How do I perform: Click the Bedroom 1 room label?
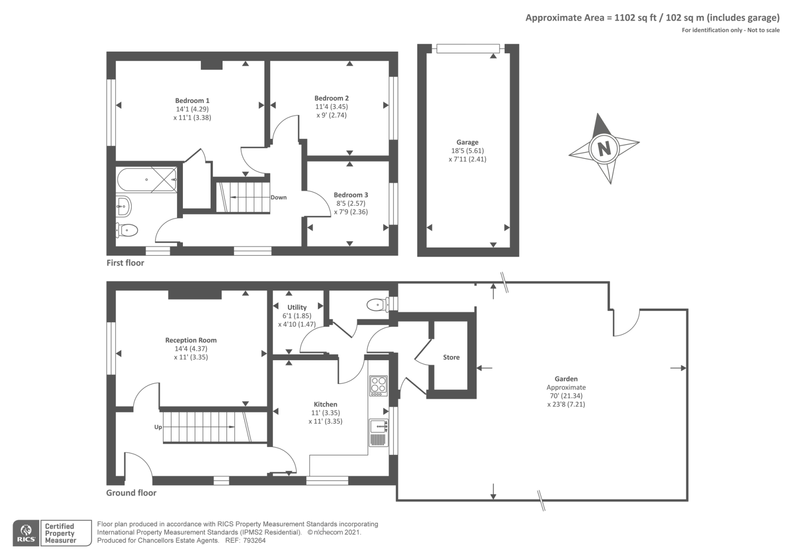(192, 101)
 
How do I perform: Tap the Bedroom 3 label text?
(351, 195)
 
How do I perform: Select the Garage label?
(467, 142)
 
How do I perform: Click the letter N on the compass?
(604, 148)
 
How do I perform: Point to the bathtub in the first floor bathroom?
(147, 179)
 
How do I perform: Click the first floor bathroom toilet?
(127, 230)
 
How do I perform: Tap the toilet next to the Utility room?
(377, 305)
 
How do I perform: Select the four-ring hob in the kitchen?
(378, 385)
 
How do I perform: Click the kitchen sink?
(378, 426)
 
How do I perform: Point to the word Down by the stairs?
(279, 197)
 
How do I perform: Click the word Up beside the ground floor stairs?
(158, 427)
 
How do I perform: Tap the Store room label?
(451, 357)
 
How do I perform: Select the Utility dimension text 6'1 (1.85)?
(297, 316)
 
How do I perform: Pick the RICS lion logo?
(26, 533)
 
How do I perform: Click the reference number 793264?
(254, 541)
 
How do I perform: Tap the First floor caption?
(125, 263)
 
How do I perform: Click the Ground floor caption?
(131, 493)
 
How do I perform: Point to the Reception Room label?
(191, 340)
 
